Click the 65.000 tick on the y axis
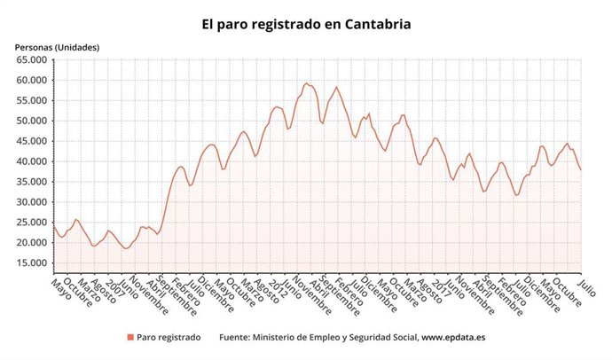31,60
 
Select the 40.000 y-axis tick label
31,161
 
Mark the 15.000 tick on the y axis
31,263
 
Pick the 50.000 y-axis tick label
31,121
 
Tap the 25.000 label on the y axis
31,223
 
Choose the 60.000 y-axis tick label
31,81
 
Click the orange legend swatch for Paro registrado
129,338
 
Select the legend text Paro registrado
169,338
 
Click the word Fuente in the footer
237,338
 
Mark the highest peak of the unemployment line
306,83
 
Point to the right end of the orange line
581,169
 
